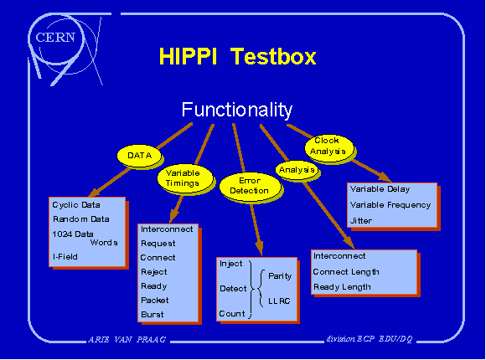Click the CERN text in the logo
(x=55, y=38)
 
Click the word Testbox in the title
(x=273, y=56)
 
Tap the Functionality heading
(x=237, y=110)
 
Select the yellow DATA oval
(x=139, y=155)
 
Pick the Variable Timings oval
(x=185, y=178)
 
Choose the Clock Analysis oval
(x=329, y=148)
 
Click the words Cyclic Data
(x=76, y=205)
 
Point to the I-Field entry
(x=65, y=257)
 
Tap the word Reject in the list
(x=154, y=272)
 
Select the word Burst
(x=153, y=315)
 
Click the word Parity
(x=280, y=276)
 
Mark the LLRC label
(x=279, y=301)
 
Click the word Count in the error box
(x=232, y=314)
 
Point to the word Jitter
(x=361, y=221)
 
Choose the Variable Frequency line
(x=390, y=205)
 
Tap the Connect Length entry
(x=346, y=272)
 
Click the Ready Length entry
(x=342, y=287)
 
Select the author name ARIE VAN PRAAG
(x=127, y=340)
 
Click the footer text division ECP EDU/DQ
(x=370, y=339)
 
